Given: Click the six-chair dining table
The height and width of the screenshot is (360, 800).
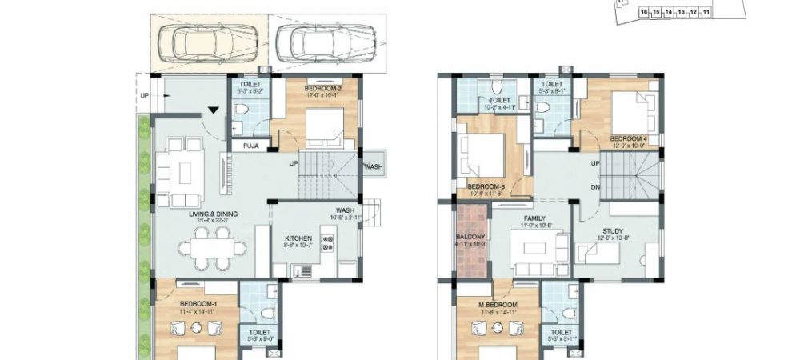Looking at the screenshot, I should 214,245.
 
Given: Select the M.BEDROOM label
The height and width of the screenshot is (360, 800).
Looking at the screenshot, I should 497,306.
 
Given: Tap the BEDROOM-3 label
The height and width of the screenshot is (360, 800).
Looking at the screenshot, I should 487,189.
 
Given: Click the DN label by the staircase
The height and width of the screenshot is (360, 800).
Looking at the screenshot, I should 594,187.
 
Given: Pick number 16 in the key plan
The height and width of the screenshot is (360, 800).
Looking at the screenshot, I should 643,13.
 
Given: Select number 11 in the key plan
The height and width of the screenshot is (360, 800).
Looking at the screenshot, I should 706,13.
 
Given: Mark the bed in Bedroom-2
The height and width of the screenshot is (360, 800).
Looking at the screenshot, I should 325,125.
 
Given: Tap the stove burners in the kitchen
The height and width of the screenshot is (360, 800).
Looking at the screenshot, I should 326,242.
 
